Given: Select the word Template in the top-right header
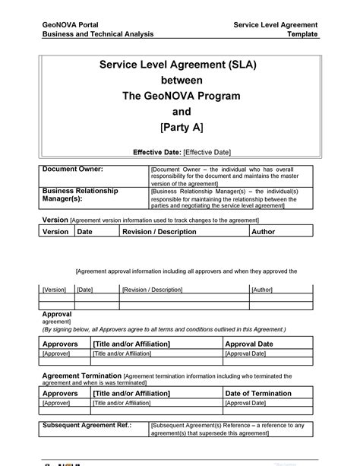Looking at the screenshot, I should tap(302, 35).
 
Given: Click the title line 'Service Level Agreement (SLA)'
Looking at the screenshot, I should tap(178, 65).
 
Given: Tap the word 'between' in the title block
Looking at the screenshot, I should tap(178, 81).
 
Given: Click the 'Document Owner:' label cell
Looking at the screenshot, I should tap(72, 168).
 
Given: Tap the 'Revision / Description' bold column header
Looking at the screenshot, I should tap(159, 232).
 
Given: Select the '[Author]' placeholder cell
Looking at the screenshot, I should tap(262, 290).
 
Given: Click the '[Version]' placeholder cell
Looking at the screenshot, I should tap(54, 290).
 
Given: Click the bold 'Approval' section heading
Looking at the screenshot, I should tap(56, 314).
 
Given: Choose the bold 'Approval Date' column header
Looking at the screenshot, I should tap(251, 344).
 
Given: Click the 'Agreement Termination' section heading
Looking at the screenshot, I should tap(81, 376).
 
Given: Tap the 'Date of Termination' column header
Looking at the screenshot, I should tap(258, 393).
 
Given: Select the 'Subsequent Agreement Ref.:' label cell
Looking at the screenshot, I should tap(87, 425).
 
